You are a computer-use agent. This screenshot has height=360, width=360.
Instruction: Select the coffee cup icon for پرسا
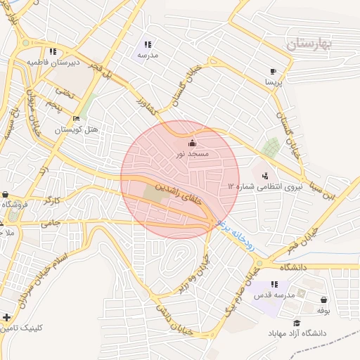273,71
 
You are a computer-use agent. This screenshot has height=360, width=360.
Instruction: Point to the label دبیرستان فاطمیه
53,62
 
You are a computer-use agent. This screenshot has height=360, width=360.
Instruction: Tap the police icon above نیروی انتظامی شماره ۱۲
264,175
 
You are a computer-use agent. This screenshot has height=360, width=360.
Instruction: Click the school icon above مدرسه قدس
274,284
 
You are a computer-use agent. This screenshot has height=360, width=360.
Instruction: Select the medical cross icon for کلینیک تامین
6,318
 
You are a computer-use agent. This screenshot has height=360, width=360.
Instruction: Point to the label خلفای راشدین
178,195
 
